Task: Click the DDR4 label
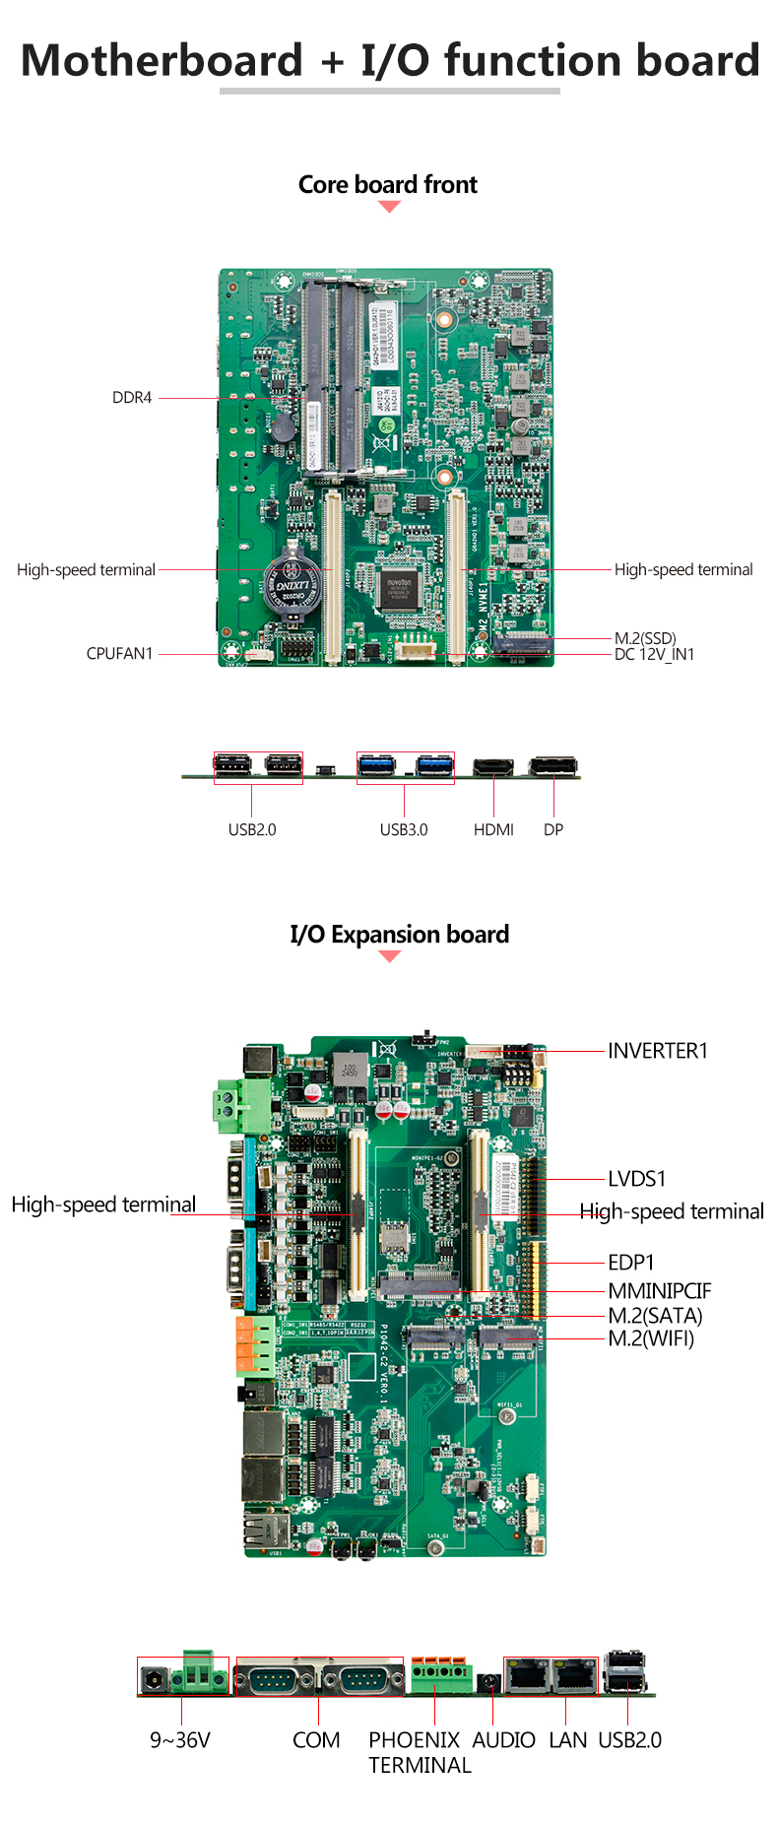(x=132, y=398)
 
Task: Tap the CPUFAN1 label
(x=119, y=654)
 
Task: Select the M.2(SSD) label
(x=645, y=638)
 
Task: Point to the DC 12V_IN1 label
(x=654, y=654)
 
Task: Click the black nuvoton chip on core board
(x=399, y=588)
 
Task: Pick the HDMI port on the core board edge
(x=492, y=766)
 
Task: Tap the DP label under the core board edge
(x=553, y=830)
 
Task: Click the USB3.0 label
(x=404, y=830)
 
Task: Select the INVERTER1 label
(x=658, y=1051)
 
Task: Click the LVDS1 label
(x=637, y=1179)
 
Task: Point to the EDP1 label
(x=631, y=1263)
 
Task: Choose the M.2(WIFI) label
(x=651, y=1338)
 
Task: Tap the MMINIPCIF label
(x=659, y=1291)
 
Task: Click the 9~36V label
(x=180, y=1740)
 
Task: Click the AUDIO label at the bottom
(x=503, y=1740)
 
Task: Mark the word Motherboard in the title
(x=162, y=60)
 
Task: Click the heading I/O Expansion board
(x=399, y=935)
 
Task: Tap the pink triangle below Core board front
(x=390, y=207)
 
